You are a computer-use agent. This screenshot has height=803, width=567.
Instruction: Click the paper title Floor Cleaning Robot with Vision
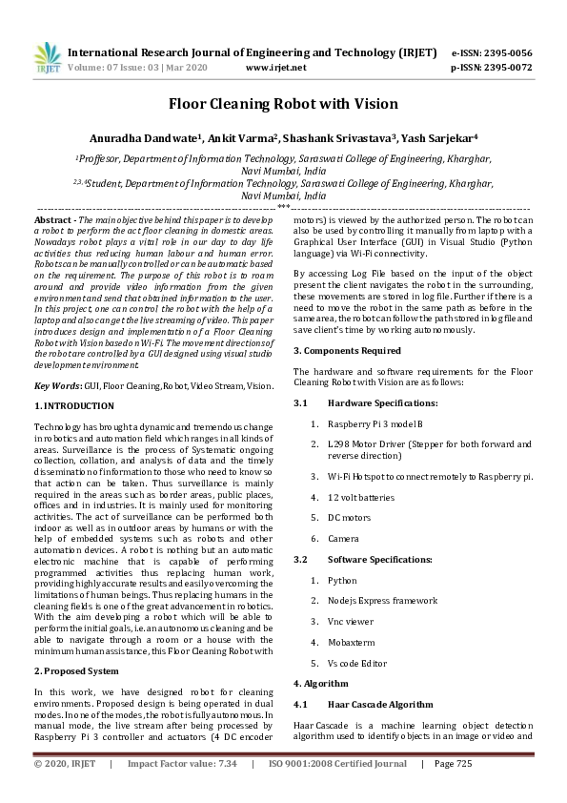click(x=283, y=104)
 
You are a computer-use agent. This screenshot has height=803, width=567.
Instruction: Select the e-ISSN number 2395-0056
click(x=509, y=53)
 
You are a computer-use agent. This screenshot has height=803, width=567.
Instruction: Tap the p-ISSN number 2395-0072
click(x=509, y=69)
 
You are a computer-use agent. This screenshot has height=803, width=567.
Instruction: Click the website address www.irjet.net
click(x=275, y=69)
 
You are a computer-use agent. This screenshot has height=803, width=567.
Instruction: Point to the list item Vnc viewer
click(x=352, y=621)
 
